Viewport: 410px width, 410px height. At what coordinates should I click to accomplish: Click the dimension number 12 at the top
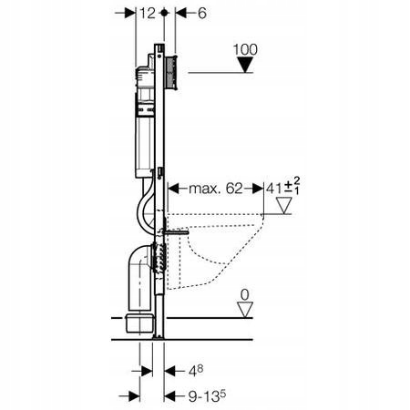(144, 15)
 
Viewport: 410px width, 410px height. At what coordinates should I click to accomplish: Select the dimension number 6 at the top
(189, 15)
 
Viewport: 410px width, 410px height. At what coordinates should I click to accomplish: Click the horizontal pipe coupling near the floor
(138, 323)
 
